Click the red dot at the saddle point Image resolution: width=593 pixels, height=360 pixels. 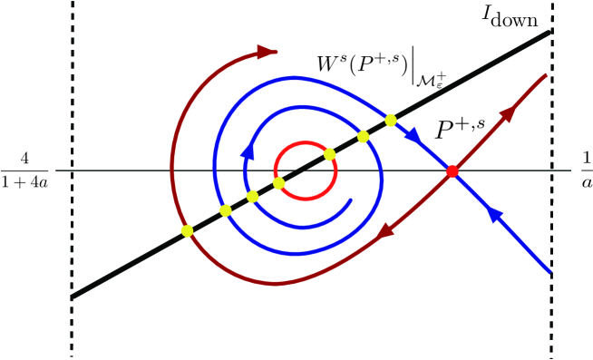452,170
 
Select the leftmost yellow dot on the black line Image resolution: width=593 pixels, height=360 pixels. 188,231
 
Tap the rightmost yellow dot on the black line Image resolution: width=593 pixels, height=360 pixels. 391,120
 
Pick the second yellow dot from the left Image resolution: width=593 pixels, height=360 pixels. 226,210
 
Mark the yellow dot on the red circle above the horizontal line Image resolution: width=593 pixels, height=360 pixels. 330,154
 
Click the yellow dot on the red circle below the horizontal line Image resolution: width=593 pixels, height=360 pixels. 279,183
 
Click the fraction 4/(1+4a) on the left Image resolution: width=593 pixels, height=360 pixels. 27,170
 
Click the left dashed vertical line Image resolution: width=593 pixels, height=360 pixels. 72,181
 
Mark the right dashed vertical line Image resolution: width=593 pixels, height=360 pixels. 552,181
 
